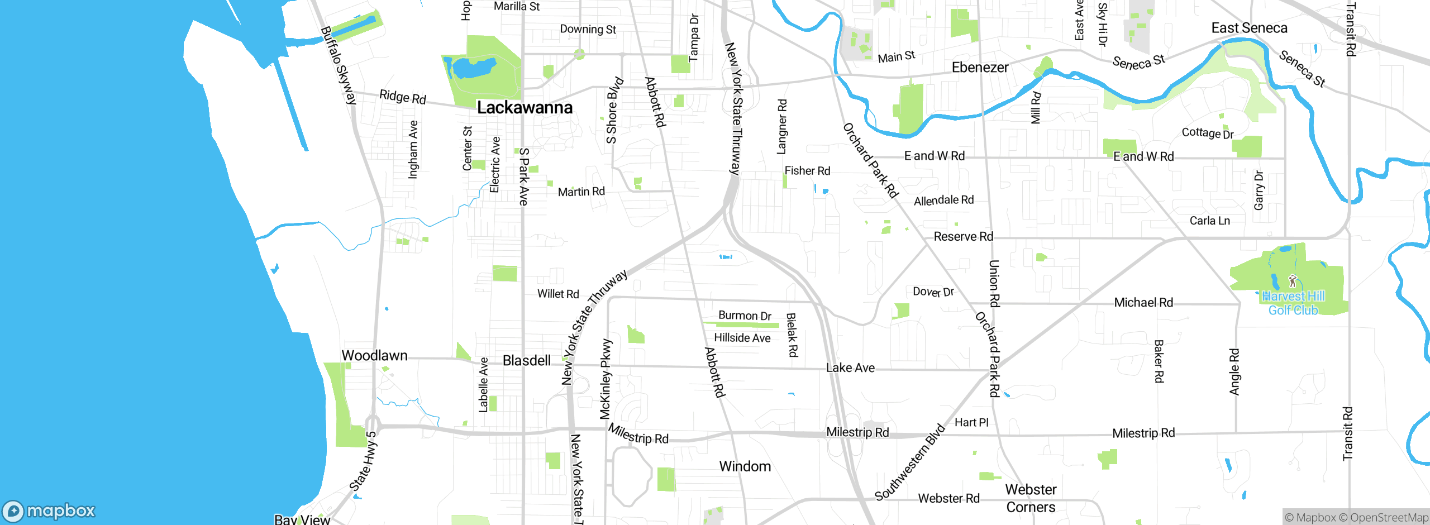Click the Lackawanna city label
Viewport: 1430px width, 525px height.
525,107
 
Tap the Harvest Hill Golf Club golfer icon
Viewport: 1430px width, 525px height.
1292,281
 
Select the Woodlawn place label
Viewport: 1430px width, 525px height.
374,355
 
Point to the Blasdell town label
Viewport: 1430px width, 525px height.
526,360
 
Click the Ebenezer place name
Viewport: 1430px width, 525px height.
980,68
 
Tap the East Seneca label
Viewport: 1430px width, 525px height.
1249,28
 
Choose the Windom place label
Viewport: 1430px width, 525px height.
745,466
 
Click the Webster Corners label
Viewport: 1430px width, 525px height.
1031,498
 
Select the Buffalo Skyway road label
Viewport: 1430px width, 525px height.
339,65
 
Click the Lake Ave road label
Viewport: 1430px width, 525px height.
850,367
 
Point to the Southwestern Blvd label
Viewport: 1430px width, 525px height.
909,462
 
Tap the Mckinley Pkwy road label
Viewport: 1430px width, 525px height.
606,379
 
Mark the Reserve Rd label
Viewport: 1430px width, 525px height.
963,237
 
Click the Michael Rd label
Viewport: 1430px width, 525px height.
1143,303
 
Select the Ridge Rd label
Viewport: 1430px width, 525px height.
402,97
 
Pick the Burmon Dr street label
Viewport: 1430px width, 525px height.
745,316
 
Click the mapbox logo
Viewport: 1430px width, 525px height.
49,510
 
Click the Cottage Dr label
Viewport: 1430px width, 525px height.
1207,133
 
